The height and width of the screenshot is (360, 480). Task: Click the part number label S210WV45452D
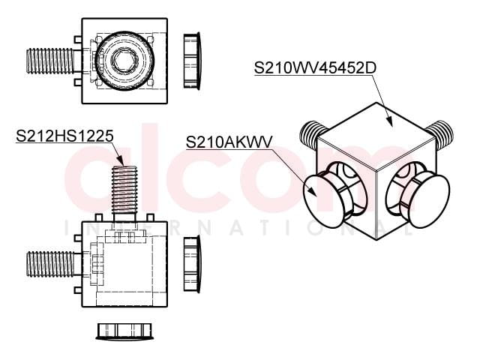pos(315,68)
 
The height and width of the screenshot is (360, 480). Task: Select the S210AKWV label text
pos(229,142)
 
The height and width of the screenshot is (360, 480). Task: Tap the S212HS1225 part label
pos(64,136)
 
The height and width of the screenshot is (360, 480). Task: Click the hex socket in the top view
pos(121,61)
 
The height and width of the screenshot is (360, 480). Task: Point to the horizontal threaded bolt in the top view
pos(50,61)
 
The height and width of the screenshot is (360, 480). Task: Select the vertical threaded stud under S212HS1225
pos(124,190)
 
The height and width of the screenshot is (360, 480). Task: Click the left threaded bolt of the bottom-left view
pos(50,263)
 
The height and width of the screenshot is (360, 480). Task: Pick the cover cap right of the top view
pos(192,61)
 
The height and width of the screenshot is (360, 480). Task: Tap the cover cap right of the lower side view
pos(192,264)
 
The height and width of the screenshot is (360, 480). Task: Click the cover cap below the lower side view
pos(124,331)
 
